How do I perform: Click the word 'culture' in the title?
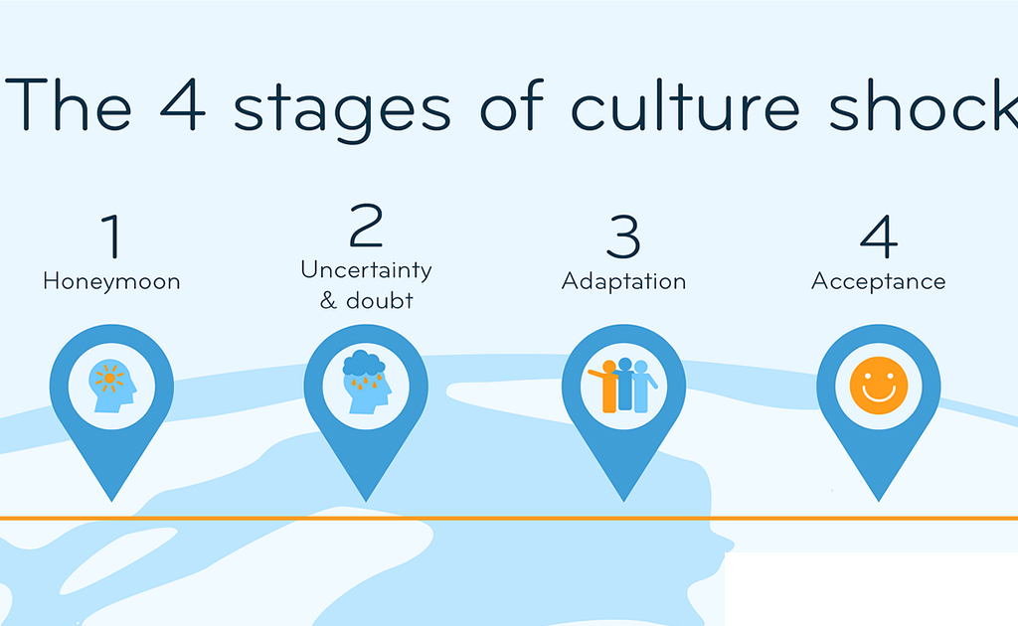point(686,105)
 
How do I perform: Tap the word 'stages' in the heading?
point(342,110)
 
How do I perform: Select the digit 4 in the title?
point(183,104)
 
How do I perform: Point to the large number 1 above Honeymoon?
point(111,235)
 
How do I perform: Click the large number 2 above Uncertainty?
point(366,225)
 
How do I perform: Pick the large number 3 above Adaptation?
point(623,236)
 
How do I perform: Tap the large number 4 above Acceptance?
point(879,236)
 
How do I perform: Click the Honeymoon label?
point(111,282)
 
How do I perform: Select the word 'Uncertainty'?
point(366,270)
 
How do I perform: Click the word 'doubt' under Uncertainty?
point(380,300)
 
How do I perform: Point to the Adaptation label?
point(623,282)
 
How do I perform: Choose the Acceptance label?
point(879,282)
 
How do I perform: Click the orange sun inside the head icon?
point(109,379)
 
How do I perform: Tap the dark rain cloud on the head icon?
point(364,364)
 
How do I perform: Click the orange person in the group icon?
point(605,387)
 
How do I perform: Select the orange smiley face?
point(879,386)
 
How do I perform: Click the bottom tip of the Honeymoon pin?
point(111,501)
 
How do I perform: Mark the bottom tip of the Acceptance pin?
point(879,501)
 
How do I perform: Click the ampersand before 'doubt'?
point(328,300)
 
